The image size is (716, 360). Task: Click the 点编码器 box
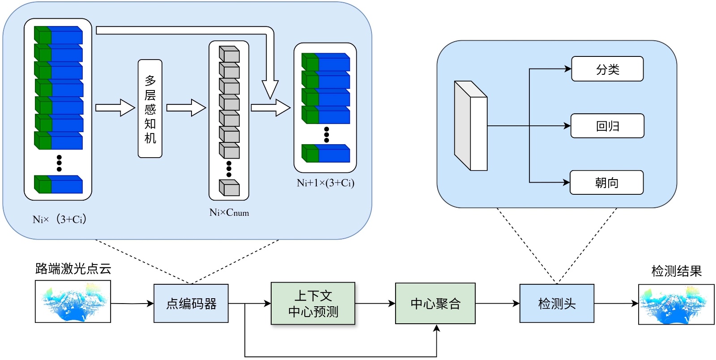[191, 304]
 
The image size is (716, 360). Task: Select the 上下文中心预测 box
[313, 304]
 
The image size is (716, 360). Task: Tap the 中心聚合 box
[435, 304]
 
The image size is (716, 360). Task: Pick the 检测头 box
[557, 304]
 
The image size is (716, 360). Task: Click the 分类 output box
[607, 69]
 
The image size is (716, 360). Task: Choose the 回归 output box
[607, 126]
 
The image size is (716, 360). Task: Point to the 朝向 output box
[606, 182]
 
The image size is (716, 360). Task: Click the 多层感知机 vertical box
[150, 109]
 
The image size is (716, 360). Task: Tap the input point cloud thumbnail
[73, 301]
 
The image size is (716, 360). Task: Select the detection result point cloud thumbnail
[676, 304]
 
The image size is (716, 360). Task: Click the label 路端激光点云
[73, 269]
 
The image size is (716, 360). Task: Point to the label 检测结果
[676, 271]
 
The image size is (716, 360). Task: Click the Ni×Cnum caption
[229, 213]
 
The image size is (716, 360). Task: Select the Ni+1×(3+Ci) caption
[325, 183]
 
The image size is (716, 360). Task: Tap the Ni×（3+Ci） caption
[60, 219]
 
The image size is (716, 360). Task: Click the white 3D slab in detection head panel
[470, 126]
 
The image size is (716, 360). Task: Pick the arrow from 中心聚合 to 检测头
[497, 304]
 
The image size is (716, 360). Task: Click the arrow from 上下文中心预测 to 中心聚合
[375, 304]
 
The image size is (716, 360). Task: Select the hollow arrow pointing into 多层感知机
[115, 108]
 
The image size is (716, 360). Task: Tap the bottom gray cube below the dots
[229, 188]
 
